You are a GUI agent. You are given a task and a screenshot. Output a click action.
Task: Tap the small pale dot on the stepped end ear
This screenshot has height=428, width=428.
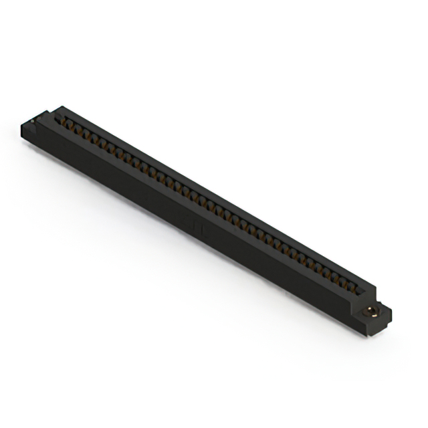click(31, 120)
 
